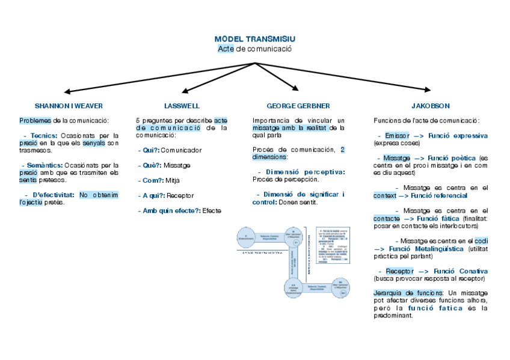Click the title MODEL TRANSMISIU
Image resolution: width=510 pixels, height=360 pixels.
255,39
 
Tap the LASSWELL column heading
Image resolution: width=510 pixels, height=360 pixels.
182,106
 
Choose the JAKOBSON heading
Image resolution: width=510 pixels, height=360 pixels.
431,106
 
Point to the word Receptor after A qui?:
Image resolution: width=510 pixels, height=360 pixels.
180,195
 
